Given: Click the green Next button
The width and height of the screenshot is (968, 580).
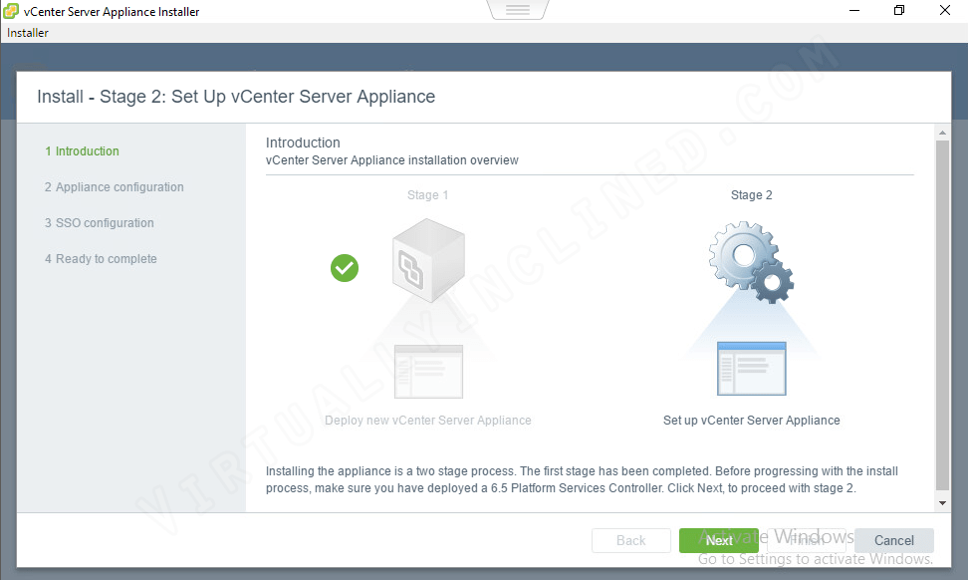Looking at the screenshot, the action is [x=718, y=540].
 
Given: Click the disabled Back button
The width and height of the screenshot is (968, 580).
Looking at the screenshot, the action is [x=630, y=540].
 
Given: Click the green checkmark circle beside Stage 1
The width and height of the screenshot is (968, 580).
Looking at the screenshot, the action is [x=345, y=267].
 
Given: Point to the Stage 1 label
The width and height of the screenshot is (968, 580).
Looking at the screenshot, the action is [x=427, y=195].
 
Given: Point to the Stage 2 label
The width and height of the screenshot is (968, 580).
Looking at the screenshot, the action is [x=751, y=195].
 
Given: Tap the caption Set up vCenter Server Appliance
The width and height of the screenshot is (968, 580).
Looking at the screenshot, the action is [x=751, y=421].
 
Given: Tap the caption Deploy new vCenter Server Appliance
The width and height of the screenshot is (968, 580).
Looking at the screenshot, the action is [x=427, y=421].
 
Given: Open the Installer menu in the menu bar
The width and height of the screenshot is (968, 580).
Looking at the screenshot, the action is [x=28, y=33].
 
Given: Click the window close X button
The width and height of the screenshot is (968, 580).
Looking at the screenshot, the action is [x=945, y=11].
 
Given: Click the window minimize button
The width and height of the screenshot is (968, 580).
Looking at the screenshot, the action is [x=854, y=11].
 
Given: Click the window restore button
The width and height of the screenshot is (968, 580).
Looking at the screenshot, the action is [x=899, y=11].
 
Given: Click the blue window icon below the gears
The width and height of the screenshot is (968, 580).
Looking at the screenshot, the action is [x=752, y=369].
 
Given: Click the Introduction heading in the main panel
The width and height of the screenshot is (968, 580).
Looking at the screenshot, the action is [x=303, y=143].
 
